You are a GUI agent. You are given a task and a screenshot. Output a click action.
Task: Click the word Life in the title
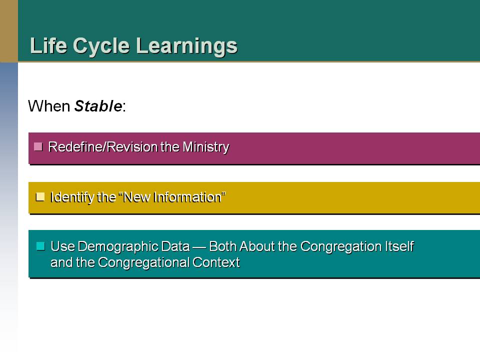[48, 45]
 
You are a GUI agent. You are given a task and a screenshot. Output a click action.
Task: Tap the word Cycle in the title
[101, 46]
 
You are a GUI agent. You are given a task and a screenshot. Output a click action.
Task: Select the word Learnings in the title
[186, 46]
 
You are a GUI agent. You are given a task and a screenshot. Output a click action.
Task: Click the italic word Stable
[98, 106]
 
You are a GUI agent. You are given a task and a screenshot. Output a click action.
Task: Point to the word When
[49, 106]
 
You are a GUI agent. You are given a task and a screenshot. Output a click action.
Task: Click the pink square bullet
[38, 146]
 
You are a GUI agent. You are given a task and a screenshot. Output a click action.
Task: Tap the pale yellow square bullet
[40, 197]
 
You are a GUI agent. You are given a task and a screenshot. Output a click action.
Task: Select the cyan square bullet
[40, 246]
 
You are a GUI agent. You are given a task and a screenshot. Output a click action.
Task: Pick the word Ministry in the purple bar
[205, 147]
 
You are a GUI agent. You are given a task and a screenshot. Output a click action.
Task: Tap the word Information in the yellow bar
[187, 197]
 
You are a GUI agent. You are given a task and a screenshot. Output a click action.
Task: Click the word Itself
[399, 246]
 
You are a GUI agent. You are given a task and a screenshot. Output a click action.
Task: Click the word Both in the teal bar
[222, 246]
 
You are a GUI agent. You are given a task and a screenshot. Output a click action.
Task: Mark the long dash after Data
[199, 247]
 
